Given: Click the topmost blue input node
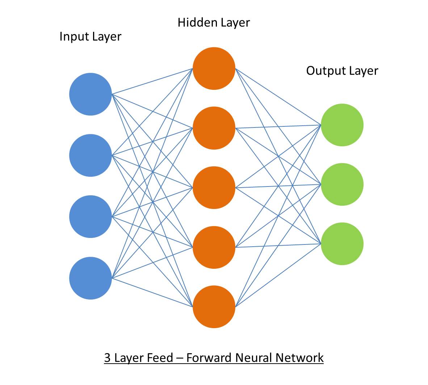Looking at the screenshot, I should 91,94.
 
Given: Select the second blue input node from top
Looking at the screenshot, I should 91,155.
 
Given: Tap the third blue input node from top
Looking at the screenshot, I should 91,217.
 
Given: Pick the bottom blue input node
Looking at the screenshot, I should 91,278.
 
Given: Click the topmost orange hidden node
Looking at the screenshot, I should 214,68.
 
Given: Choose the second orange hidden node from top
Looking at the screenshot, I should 214,128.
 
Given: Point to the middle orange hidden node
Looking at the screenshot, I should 214,188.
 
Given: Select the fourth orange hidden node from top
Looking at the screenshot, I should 214,247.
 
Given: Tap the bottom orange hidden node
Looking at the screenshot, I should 214,307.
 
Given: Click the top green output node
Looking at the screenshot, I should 342,125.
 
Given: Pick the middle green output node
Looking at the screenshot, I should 342,184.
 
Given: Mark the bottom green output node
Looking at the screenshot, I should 342,244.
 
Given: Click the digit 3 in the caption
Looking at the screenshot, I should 108,358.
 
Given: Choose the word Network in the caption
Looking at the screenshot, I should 299,358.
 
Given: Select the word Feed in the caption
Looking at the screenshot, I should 160,358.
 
